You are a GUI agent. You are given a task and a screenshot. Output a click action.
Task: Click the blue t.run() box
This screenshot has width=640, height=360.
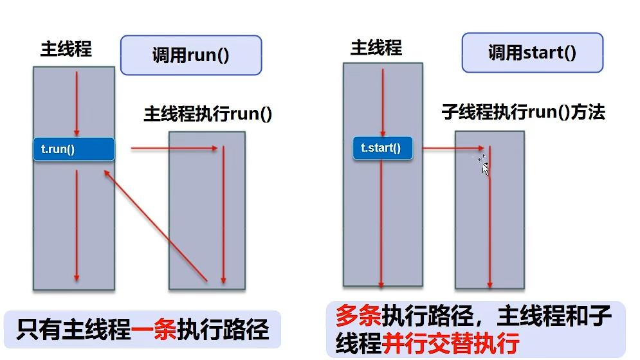click(x=73, y=150)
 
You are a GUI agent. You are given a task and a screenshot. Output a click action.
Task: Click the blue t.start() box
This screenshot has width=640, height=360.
click(x=381, y=148)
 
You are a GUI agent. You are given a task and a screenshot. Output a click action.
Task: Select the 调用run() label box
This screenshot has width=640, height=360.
click(x=191, y=55)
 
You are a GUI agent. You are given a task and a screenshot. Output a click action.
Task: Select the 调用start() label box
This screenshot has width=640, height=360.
click(x=532, y=53)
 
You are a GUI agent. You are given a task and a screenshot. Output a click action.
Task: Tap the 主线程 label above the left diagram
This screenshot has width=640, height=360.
click(x=66, y=49)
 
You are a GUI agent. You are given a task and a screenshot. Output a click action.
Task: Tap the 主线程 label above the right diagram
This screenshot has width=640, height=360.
click(x=376, y=48)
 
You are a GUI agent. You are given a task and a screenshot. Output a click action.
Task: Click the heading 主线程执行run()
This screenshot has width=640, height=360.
click(x=208, y=114)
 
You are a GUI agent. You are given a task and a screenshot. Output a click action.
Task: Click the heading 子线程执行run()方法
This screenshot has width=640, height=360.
click(x=523, y=112)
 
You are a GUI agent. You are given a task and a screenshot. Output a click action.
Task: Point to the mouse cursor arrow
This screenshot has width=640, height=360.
click(x=484, y=166)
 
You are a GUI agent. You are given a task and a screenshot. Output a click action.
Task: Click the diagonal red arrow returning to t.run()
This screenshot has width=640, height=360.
click(x=154, y=225)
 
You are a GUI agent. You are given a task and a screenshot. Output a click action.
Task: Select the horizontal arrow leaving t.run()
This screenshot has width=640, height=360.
click(x=174, y=148)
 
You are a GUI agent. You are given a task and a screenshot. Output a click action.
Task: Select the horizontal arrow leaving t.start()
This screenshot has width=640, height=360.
click(x=453, y=148)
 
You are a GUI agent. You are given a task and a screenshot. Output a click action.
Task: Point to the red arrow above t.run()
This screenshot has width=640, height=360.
click(x=77, y=103)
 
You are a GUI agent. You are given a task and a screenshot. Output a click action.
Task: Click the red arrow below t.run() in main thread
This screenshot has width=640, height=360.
click(x=77, y=225)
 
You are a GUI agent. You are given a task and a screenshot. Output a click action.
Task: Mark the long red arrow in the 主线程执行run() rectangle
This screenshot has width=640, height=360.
click(x=223, y=215)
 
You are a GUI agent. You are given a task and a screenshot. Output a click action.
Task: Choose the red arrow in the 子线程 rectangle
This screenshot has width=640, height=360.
click(x=490, y=219)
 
